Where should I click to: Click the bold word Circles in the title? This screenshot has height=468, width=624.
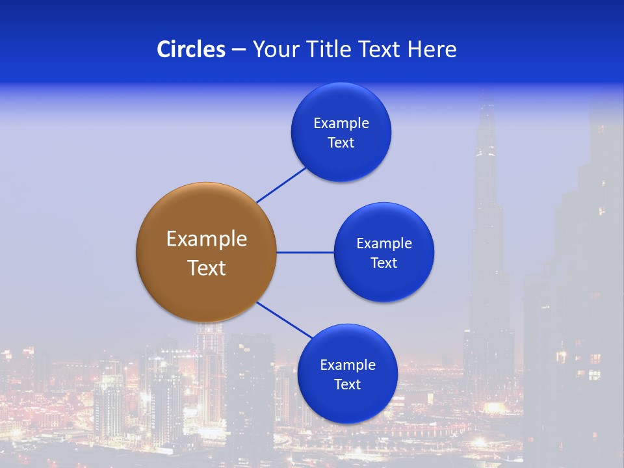[x=191, y=49]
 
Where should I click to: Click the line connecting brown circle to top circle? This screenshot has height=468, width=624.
[x=281, y=185]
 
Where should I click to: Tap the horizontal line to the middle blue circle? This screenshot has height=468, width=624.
[x=305, y=252]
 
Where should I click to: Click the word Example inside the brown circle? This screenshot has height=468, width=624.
[x=207, y=239]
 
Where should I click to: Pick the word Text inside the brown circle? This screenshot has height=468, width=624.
[x=207, y=268]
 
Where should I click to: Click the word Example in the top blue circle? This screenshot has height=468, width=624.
[x=341, y=123]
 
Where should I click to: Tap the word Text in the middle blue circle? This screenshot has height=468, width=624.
[x=383, y=263]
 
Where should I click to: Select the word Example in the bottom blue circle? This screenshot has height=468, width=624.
[x=347, y=365]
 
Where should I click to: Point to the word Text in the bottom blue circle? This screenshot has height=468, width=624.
[x=347, y=384]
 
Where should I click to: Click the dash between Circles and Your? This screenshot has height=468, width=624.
[x=239, y=49]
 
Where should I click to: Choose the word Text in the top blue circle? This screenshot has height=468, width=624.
[x=341, y=142]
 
